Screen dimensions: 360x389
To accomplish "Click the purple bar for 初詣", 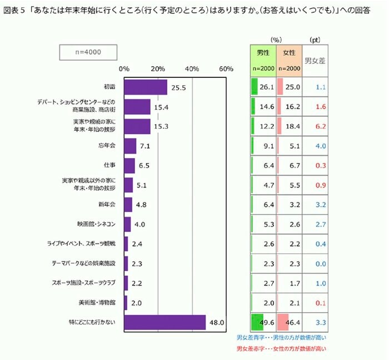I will coord(146,87).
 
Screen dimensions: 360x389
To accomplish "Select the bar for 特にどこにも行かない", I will coord(165,323).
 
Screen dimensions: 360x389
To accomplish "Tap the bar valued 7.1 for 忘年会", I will coord(130,146).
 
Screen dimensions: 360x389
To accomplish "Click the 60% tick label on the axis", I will coord(226,69).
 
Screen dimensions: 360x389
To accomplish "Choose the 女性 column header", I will coord(289,53).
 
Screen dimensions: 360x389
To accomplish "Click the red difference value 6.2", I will coord(320,126).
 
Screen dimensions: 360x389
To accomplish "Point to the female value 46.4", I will coord(292,322).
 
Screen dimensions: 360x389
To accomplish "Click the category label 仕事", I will coord(109,166).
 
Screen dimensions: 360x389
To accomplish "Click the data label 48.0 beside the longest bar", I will coord(216,323).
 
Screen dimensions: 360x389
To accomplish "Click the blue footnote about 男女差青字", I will coord(281,338).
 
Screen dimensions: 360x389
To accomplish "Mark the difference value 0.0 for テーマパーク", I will coord(320,263).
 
